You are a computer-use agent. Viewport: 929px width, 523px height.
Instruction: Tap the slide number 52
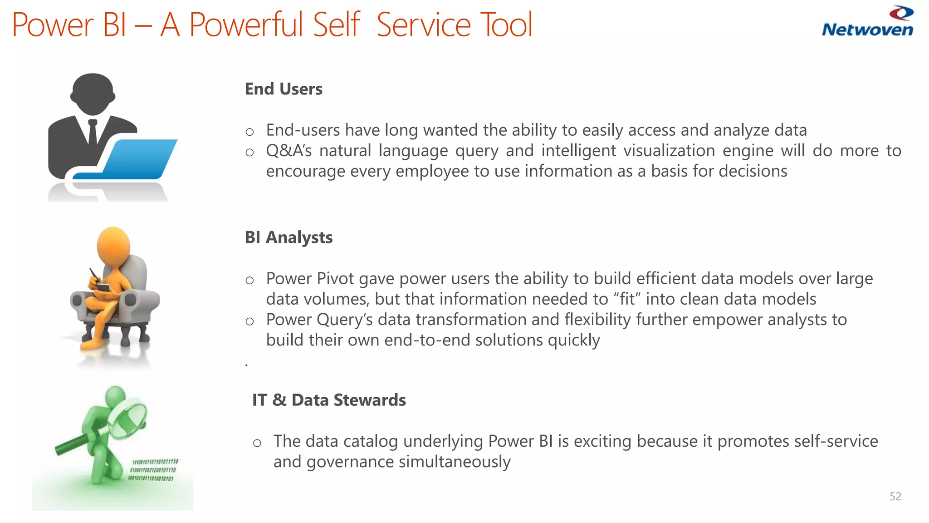[895, 496]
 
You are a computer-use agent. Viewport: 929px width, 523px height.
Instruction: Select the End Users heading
[284, 89]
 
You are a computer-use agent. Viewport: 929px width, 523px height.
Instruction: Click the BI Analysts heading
[288, 237]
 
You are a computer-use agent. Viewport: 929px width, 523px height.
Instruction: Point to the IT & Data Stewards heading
[329, 400]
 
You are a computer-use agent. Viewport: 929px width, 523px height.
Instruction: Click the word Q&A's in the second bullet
[288, 151]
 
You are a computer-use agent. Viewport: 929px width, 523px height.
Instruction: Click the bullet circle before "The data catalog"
[257, 443]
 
